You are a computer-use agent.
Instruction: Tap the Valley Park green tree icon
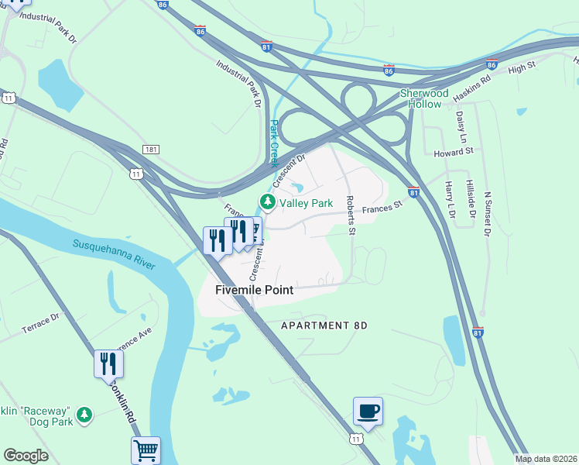[268, 203]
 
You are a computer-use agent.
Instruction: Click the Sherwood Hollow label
[424, 98]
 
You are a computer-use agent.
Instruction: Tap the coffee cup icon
[368, 411]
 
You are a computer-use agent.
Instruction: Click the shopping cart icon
[146, 449]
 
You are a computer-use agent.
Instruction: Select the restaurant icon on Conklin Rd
[108, 363]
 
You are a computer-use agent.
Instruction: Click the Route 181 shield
[151, 149]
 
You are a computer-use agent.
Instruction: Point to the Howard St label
[453, 153]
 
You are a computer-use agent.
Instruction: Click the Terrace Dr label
[40, 324]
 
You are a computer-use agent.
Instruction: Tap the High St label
[522, 69]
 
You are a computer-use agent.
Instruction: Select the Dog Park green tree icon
[84, 415]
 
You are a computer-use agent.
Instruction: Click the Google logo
[26, 456]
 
